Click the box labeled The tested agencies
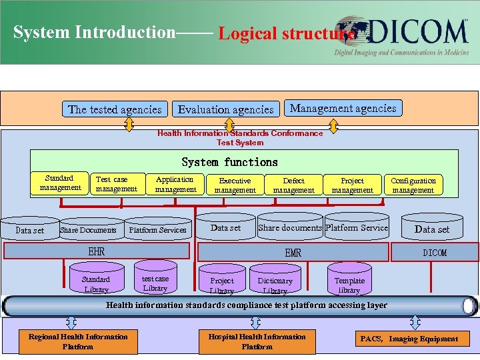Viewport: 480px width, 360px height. tap(115, 109)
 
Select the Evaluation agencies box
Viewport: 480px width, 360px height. tap(225, 109)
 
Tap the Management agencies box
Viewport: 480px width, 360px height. tap(343, 108)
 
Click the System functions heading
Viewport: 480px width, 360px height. tap(229, 162)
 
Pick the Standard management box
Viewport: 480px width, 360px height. tap(60, 183)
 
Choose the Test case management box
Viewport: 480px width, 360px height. tap(116, 184)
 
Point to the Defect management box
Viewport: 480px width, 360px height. tap(293, 185)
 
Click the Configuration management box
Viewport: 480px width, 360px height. tap(413, 185)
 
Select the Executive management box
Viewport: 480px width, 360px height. tap(235, 185)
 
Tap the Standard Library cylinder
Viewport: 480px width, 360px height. tap(96, 283)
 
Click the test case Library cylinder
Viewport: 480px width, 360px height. tap(155, 283)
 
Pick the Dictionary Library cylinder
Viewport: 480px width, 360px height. tap(275, 284)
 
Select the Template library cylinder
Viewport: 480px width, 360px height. tap(349, 284)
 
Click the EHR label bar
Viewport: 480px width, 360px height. tap(97, 252)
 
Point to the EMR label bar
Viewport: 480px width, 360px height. tap(293, 252)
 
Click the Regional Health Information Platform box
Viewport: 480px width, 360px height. tap(78, 341)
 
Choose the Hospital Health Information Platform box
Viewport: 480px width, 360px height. tap(257, 341)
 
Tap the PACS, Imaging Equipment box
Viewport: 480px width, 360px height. tap(409, 339)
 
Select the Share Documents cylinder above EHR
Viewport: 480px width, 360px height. tap(88, 229)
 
